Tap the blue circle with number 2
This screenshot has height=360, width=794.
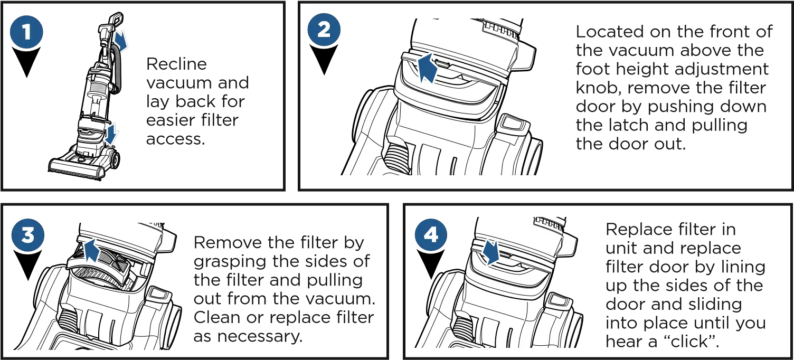click(x=324, y=30)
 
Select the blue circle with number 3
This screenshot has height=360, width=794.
click(x=27, y=235)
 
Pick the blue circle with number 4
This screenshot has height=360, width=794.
click(x=431, y=234)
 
